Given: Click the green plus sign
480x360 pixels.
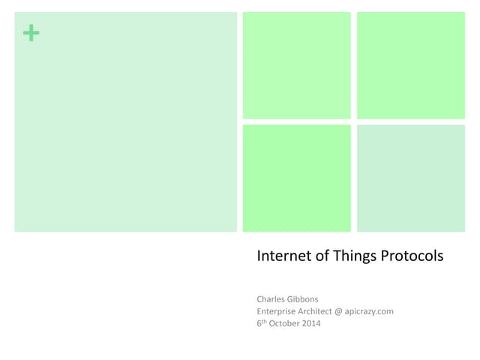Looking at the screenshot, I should click(31, 33).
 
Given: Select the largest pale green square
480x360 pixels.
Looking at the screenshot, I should click(125, 121).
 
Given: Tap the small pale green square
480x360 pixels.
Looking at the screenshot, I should click(410, 178).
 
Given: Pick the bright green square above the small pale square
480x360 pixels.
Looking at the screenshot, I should click(410, 65).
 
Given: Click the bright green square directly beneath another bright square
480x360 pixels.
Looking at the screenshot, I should click(296, 178).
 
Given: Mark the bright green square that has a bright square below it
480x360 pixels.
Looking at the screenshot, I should click(296, 65).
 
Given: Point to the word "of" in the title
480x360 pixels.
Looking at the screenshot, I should click(323, 256).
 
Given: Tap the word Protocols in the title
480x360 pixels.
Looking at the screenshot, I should click(413, 256).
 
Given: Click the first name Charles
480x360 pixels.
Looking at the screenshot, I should click(272, 298).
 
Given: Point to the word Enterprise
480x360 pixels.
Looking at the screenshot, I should click(279, 311).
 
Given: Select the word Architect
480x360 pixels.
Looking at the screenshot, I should click(326, 311).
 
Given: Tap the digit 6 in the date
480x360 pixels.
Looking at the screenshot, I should click(259, 324).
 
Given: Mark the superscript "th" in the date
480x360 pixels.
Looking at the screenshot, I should click(265, 322).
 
